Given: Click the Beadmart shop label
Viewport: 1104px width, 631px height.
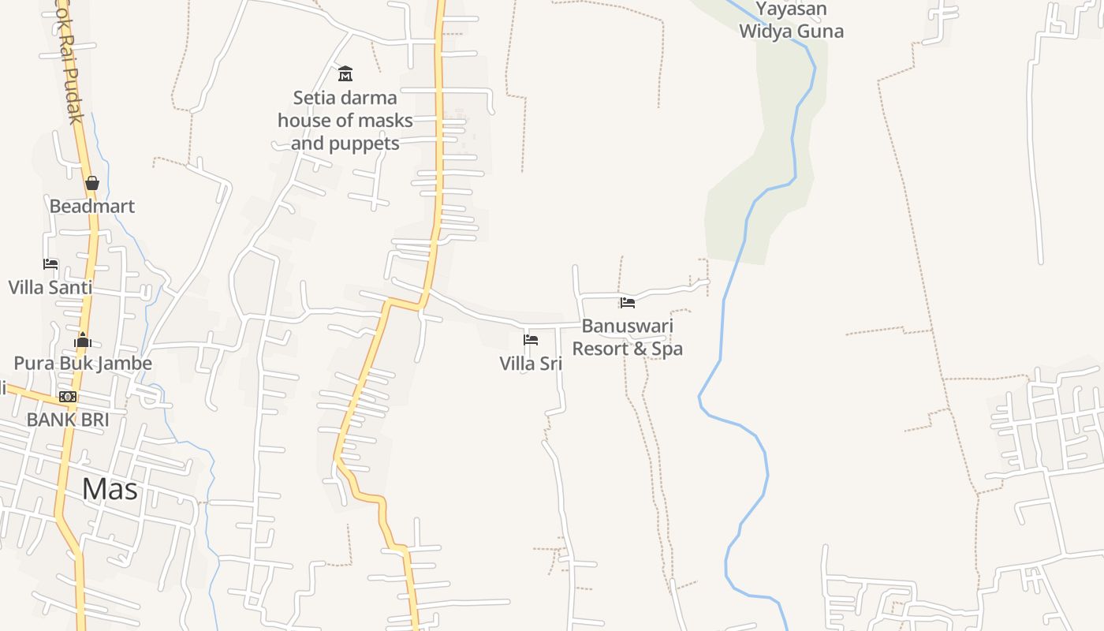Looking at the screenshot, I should click(92, 207).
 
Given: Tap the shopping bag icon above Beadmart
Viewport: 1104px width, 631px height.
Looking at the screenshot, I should click(92, 183).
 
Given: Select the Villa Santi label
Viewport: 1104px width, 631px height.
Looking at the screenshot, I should click(50, 287).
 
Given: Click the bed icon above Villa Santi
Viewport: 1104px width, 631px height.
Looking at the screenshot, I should click(50, 264).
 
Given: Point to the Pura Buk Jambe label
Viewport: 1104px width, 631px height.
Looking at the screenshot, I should click(83, 364).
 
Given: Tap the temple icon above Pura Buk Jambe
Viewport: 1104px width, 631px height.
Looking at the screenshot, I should click(83, 341).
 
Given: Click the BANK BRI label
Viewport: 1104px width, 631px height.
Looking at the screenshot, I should click(68, 420).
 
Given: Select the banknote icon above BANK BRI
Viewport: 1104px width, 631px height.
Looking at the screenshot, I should click(68, 397).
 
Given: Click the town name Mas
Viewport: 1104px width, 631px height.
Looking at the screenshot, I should click(110, 490).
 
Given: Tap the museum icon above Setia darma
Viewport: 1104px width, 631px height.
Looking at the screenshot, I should click(345, 74).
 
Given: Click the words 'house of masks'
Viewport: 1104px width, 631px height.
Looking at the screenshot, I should click(345, 121).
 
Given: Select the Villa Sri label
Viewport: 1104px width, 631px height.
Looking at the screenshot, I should click(531, 364).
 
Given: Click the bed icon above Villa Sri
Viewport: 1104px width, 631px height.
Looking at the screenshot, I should click(531, 340).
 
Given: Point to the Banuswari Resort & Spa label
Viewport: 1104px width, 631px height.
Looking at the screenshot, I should click(628, 337).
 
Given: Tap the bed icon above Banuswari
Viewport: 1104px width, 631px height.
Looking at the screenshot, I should click(628, 302).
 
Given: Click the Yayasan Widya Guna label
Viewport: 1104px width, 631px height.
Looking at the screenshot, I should click(791, 21).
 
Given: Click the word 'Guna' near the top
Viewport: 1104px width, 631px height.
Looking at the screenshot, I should click(819, 32).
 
